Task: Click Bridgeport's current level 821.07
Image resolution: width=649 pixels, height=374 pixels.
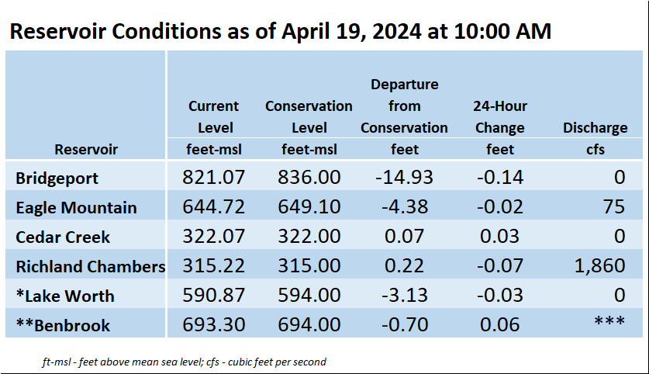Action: coord(213,177)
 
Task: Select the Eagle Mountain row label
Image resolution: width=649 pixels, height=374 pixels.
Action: coord(76,207)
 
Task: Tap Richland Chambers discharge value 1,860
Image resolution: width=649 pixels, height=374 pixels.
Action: coord(599,265)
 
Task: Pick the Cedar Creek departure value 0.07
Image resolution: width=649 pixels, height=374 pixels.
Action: coord(405,236)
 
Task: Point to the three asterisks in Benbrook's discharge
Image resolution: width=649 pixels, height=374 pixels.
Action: coord(609,320)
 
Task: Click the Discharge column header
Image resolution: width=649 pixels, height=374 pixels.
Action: coord(595,127)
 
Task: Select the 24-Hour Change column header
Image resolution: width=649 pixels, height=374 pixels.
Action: coord(500,117)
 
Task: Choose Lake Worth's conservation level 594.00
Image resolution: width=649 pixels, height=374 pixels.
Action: coord(309,296)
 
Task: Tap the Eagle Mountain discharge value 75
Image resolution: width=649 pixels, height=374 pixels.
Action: coord(614,206)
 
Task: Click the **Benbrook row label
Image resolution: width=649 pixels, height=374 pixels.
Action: coord(63,326)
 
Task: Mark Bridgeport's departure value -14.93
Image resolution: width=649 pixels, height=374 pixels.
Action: coord(405,177)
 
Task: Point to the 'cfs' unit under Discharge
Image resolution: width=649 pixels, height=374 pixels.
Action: coord(595,149)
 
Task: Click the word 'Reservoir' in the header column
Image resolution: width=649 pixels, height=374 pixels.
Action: coord(86,149)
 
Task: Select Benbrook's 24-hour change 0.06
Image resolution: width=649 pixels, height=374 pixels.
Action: coord(499,324)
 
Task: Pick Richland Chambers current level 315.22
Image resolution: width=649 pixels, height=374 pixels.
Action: coord(213,265)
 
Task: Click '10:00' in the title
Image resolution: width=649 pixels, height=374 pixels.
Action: coord(479,32)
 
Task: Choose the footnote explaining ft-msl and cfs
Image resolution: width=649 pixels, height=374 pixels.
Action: coord(185,362)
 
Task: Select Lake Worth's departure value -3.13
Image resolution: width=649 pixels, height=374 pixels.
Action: coord(405,296)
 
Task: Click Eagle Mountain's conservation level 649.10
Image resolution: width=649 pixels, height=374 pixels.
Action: coord(309,206)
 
